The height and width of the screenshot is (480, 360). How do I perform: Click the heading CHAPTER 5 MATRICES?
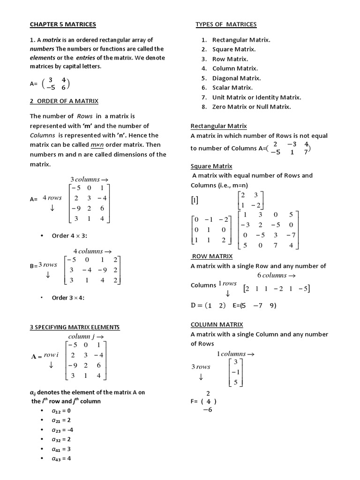pyautogui.click(x=63, y=24)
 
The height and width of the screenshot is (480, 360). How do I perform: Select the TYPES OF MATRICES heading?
pyautogui.click(x=226, y=24)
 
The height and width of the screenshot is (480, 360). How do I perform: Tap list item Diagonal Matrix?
pyautogui.click(x=236, y=78)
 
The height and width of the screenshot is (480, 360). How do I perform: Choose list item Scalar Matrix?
pyautogui.click(x=232, y=88)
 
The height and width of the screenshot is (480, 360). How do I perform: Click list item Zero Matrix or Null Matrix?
pyautogui.click(x=251, y=107)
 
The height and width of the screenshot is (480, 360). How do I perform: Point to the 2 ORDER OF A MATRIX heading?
pyautogui.click(x=64, y=101)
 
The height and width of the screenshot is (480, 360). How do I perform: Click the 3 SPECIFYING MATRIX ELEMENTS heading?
pyautogui.click(x=75, y=327)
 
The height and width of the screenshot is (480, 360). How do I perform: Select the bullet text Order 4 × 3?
pyautogui.click(x=70, y=236)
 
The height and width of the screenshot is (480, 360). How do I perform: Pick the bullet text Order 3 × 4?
pyautogui.click(x=70, y=298)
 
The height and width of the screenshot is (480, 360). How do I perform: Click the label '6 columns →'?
pyautogui.click(x=277, y=275)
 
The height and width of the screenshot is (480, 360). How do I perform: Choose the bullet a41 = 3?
pyautogui.click(x=61, y=449)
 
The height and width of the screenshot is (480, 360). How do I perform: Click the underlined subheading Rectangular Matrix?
pyautogui.click(x=218, y=126)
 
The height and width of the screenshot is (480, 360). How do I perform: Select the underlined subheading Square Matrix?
pyautogui.click(x=211, y=166)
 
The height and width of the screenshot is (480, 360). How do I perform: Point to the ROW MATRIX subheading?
pyautogui.click(x=212, y=256)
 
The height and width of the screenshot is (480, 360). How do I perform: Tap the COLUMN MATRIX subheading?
pyautogui.click(x=217, y=324)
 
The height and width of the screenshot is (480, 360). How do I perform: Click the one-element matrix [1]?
pyautogui.click(x=195, y=201)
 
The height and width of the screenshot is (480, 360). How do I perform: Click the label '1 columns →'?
pyautogui.click(x=235, y=354)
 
